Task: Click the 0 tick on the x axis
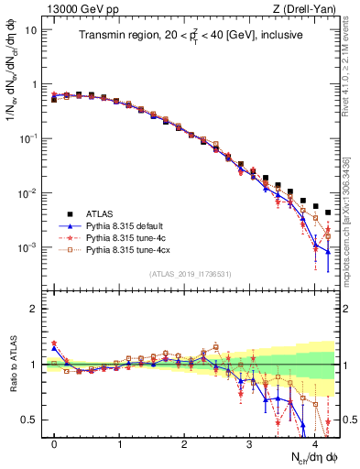(54, 442)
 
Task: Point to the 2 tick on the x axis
(184, 442)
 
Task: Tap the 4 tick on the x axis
(314, 442)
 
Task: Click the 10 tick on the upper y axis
(31, 29)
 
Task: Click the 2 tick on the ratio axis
(36, 309)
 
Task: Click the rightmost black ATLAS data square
(328, 213)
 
